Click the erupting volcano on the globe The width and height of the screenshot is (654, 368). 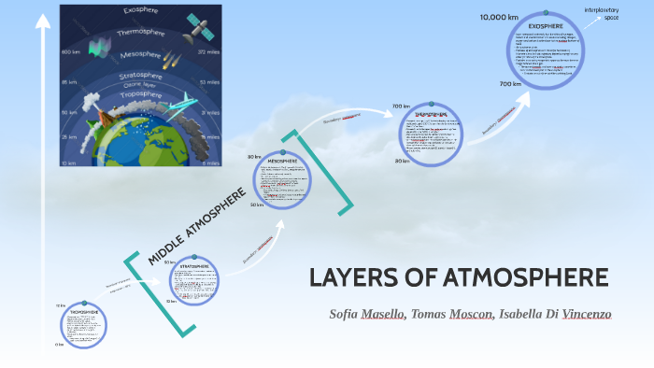[x=105, y=115]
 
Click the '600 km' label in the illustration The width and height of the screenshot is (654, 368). [x=70, y=52]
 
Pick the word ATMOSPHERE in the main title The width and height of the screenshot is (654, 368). [x=510, y=278]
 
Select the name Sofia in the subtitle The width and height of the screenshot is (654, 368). [x=348, y=314]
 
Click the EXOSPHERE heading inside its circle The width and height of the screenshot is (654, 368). [x=545, y=25]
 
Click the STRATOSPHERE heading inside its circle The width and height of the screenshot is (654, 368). [x=194, y=266]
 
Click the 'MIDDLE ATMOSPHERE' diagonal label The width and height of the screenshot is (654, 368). [x=197, y=225]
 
